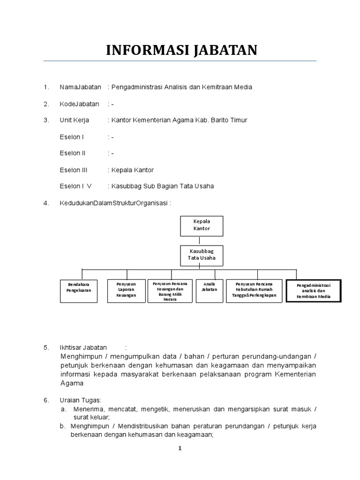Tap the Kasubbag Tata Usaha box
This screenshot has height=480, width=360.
coord(202,256)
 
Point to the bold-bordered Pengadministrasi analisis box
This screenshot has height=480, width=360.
coord(313,291)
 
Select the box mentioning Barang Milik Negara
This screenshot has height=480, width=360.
coord(170,292)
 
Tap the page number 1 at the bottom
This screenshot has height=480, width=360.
coord(180,448)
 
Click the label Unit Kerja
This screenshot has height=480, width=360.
coord(74,120)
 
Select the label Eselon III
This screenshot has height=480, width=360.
coord(73,170)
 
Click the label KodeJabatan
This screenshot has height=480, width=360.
coord(79,104)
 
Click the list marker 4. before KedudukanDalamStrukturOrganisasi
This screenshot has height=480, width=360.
coord(46,203)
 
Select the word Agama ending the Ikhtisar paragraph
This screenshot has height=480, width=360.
coord(72,383)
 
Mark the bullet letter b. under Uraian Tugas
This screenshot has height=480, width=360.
coord(63,426)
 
